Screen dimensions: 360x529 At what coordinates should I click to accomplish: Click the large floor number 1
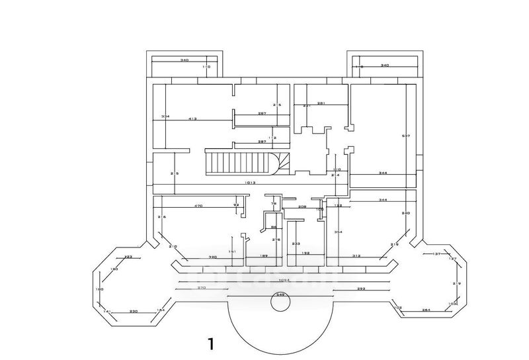coord(211,343)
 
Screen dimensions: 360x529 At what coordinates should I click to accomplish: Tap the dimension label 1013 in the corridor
coord(249,183)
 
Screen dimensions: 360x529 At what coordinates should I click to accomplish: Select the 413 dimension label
coord(192,118)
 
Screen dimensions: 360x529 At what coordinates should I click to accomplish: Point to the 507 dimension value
coord(406,136)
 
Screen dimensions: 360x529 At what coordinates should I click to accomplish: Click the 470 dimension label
coord(198,206)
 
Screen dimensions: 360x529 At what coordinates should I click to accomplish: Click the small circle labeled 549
coord(280,302)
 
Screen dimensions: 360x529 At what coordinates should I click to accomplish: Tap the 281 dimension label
coord(321,103)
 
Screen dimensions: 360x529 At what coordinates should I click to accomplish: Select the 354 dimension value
coord(338,232)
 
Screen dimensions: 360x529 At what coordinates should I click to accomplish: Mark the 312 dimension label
coord(356,255)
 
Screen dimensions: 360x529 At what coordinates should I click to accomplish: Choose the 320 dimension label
coord(213,256)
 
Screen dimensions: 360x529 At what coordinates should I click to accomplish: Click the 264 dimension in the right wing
coord(426,310)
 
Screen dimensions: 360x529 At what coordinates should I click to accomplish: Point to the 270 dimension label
coord(202,289)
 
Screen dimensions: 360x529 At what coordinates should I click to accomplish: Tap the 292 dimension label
coord(361,289)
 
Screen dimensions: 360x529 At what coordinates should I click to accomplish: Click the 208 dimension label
coord(302,206)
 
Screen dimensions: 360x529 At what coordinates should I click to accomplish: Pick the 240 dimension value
coord(406,213)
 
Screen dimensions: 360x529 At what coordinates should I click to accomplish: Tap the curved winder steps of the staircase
coord(283,161)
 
